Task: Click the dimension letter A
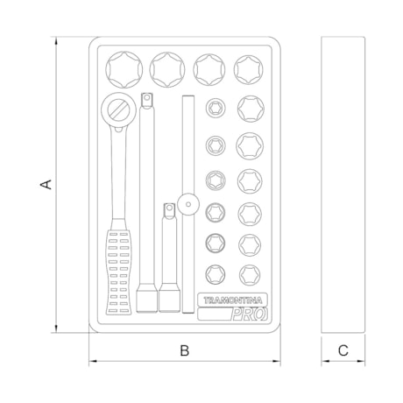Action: [x=46, y=185]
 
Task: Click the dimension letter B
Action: [x=185, y=350]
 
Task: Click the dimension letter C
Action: [x=343, y=350]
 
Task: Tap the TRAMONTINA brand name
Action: [x=232, y=300]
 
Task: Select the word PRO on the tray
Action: [x=249, y=315]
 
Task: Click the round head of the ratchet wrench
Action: [x=119, y=110]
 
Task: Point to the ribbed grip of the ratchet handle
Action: [x=119, y=271]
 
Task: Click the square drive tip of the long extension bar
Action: [x=146, y=100]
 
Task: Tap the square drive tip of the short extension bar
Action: [x=169, y=211]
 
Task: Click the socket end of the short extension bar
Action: [x=169, y=300]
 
